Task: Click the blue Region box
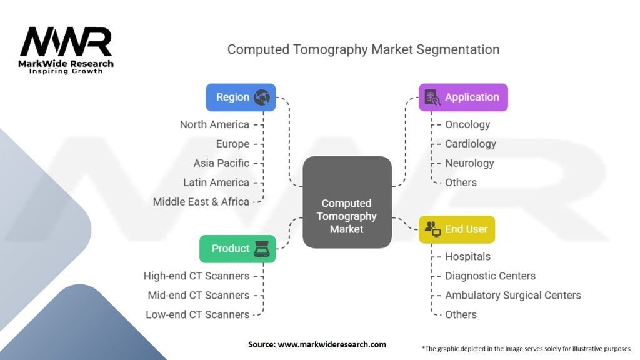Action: click(241, 97)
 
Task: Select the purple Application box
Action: click(463, 97)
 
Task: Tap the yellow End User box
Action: click(457, 229)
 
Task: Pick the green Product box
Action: click(237, 249)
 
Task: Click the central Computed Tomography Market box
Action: click(347, 202)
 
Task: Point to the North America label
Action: click(214, 124)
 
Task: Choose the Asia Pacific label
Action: click(221, 163)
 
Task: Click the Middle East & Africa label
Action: click(201, 202)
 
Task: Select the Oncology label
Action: click(467, 124)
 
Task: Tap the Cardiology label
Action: click(471, 144)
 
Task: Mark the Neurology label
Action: click(469, 163)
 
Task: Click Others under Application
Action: click(461, 182)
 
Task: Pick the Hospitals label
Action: click(467, 257)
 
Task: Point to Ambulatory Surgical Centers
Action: click(513, 295)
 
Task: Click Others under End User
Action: click(461, 315)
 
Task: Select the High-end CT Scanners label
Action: click(196, 276)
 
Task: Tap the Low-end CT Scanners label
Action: click(197, 315)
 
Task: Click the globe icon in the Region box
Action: click(262, 97)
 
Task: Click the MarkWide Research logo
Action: click(66, 50)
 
